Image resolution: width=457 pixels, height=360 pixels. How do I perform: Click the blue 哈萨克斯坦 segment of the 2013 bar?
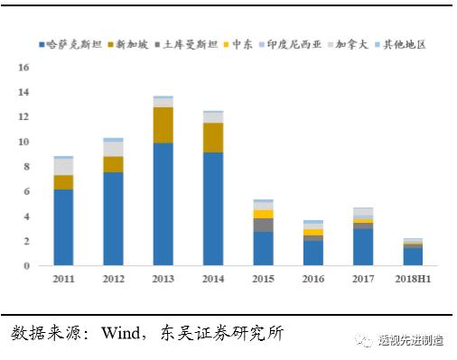click(x=163, y=204)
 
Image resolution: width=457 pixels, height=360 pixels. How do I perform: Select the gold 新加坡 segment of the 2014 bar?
click(x=212, y=137)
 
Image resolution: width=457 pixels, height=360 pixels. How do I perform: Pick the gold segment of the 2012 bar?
click(x=113, y=163)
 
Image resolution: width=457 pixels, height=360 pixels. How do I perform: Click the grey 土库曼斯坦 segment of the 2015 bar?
click(x=263, y=225)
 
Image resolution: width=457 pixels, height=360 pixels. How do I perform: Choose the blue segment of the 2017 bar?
click(x=362, y=246)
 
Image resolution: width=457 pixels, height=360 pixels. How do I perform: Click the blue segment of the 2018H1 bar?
click(x=412, y=256)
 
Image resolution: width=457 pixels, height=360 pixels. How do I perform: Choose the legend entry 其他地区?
click(x=403, y=43)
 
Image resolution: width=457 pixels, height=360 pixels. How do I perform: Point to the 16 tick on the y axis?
click(x=23, y=68)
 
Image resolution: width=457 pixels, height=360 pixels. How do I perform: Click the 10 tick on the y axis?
click(x=23, y=142)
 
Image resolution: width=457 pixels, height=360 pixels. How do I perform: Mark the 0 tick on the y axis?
click(x=27, y=265)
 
